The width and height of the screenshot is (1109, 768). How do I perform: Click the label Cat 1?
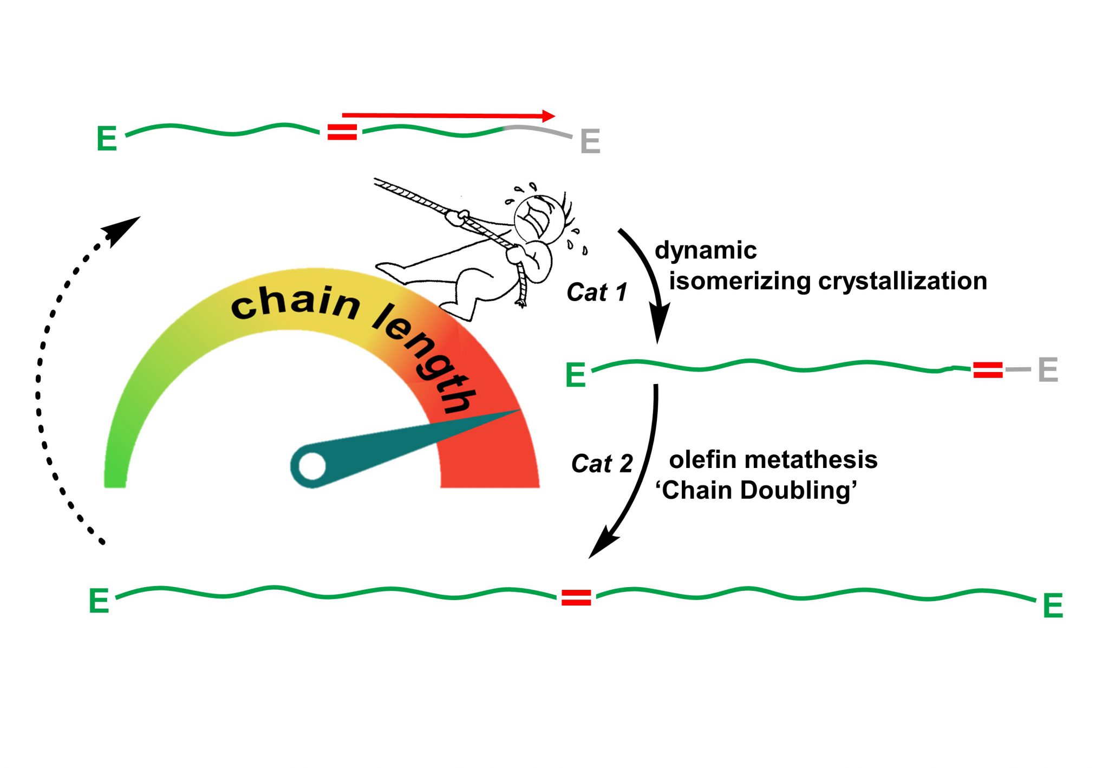(x=597, y=292)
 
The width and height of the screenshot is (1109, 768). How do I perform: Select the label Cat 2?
(x=602, y=464)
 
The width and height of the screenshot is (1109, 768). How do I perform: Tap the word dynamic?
(x=705, y=251)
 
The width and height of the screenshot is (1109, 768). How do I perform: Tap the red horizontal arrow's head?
(x=549, y=116)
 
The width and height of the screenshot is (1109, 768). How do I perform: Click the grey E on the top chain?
(x=590, y=141)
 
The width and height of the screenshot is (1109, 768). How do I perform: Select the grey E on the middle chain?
(x=1048, y=370)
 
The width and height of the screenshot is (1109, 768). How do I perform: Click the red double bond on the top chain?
(x=342, y=132)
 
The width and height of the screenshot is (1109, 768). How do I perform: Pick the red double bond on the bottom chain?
(x=576, y=597)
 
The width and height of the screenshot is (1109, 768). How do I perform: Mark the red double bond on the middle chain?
(x=988, y=370)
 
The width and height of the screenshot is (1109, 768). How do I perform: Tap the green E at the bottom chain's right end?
(x=1053, y=606)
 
